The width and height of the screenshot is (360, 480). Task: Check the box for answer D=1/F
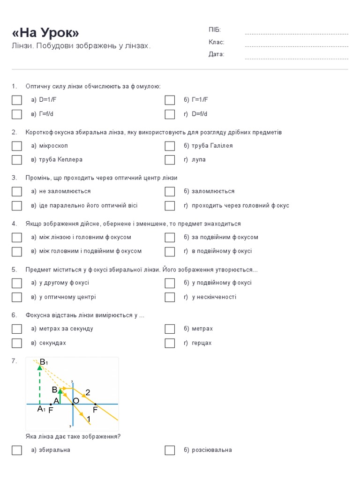(17, 100)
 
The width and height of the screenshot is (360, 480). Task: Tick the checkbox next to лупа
(170, 160)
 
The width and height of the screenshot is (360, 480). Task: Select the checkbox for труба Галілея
(170, 146)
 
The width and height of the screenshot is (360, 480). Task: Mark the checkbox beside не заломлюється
(17, 191)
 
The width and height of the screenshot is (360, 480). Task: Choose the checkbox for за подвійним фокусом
(170, 237)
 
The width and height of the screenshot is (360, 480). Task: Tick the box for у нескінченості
(170, 297)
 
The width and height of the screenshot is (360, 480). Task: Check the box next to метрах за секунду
(17, 329)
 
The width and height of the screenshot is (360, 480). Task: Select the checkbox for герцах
(170, 343)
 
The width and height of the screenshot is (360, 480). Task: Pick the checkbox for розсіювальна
(170, 450)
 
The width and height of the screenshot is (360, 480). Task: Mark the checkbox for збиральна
(17, 450)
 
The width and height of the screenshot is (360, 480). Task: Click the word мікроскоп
(53, 146)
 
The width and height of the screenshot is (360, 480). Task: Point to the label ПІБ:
(215, 30)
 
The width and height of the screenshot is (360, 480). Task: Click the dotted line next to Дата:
(296, 59)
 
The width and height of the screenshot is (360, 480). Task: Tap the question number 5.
(14, 270)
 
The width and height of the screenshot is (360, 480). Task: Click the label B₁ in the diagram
(44, 362)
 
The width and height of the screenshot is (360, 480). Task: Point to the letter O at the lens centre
(76, 401)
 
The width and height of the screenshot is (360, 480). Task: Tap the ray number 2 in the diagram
(88, 392)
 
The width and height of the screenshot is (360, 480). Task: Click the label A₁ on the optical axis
(41, 409)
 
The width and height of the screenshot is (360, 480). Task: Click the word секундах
(52, 343)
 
